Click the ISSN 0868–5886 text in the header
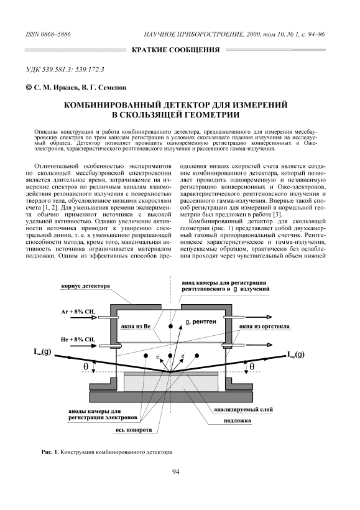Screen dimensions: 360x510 pyautogui.click(x=48, y=34)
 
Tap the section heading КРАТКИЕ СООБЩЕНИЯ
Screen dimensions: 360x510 pyautogui.click(x=175, y=50)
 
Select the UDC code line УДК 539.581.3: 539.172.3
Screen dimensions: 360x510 pyautogui.click(x=65, y=69)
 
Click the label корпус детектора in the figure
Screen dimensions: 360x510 pyautogui.click(x=85, y=286)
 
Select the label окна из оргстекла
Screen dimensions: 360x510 pyautogui.click(x=264, y=327)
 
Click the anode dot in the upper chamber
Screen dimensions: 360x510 pyautogui.click(x=170, y=327)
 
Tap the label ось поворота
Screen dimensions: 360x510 pyautogui.click(x=133, y=430)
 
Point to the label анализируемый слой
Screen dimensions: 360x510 pyautogui.click(x=243, y=409)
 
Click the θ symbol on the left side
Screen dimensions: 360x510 pyautogui.click(x=86, y=366)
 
